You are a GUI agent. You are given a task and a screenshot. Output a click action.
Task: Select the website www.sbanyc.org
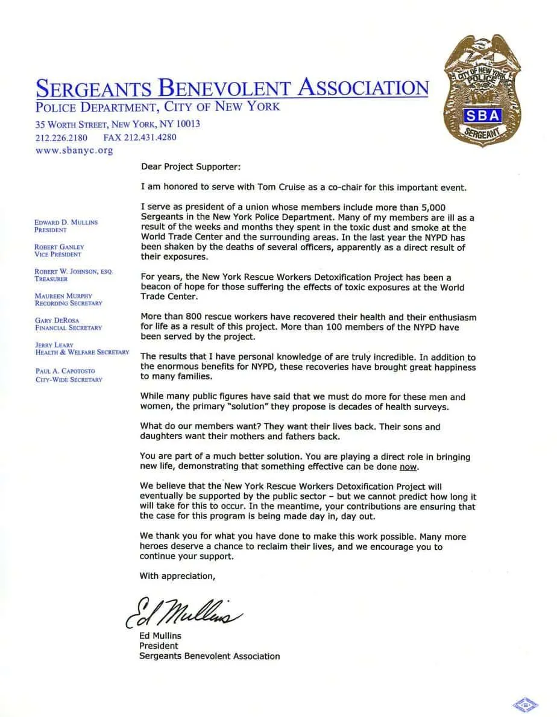(x=74, y=150)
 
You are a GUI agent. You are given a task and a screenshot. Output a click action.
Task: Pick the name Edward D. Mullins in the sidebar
(x=66, y=222)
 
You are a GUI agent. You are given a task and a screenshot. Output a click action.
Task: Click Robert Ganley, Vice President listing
(x=59, y=250)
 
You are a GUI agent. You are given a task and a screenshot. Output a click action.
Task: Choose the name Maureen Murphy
(x=63, y=296)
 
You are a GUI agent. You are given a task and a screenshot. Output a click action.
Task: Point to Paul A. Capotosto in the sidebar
(x=65, y=371)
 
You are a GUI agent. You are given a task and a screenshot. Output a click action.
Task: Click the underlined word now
(x=408, y=467)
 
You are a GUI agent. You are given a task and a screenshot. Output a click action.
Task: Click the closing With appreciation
(x=177, y=576)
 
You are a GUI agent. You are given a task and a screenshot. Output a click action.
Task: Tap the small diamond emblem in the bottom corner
(x=525, y=703)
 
